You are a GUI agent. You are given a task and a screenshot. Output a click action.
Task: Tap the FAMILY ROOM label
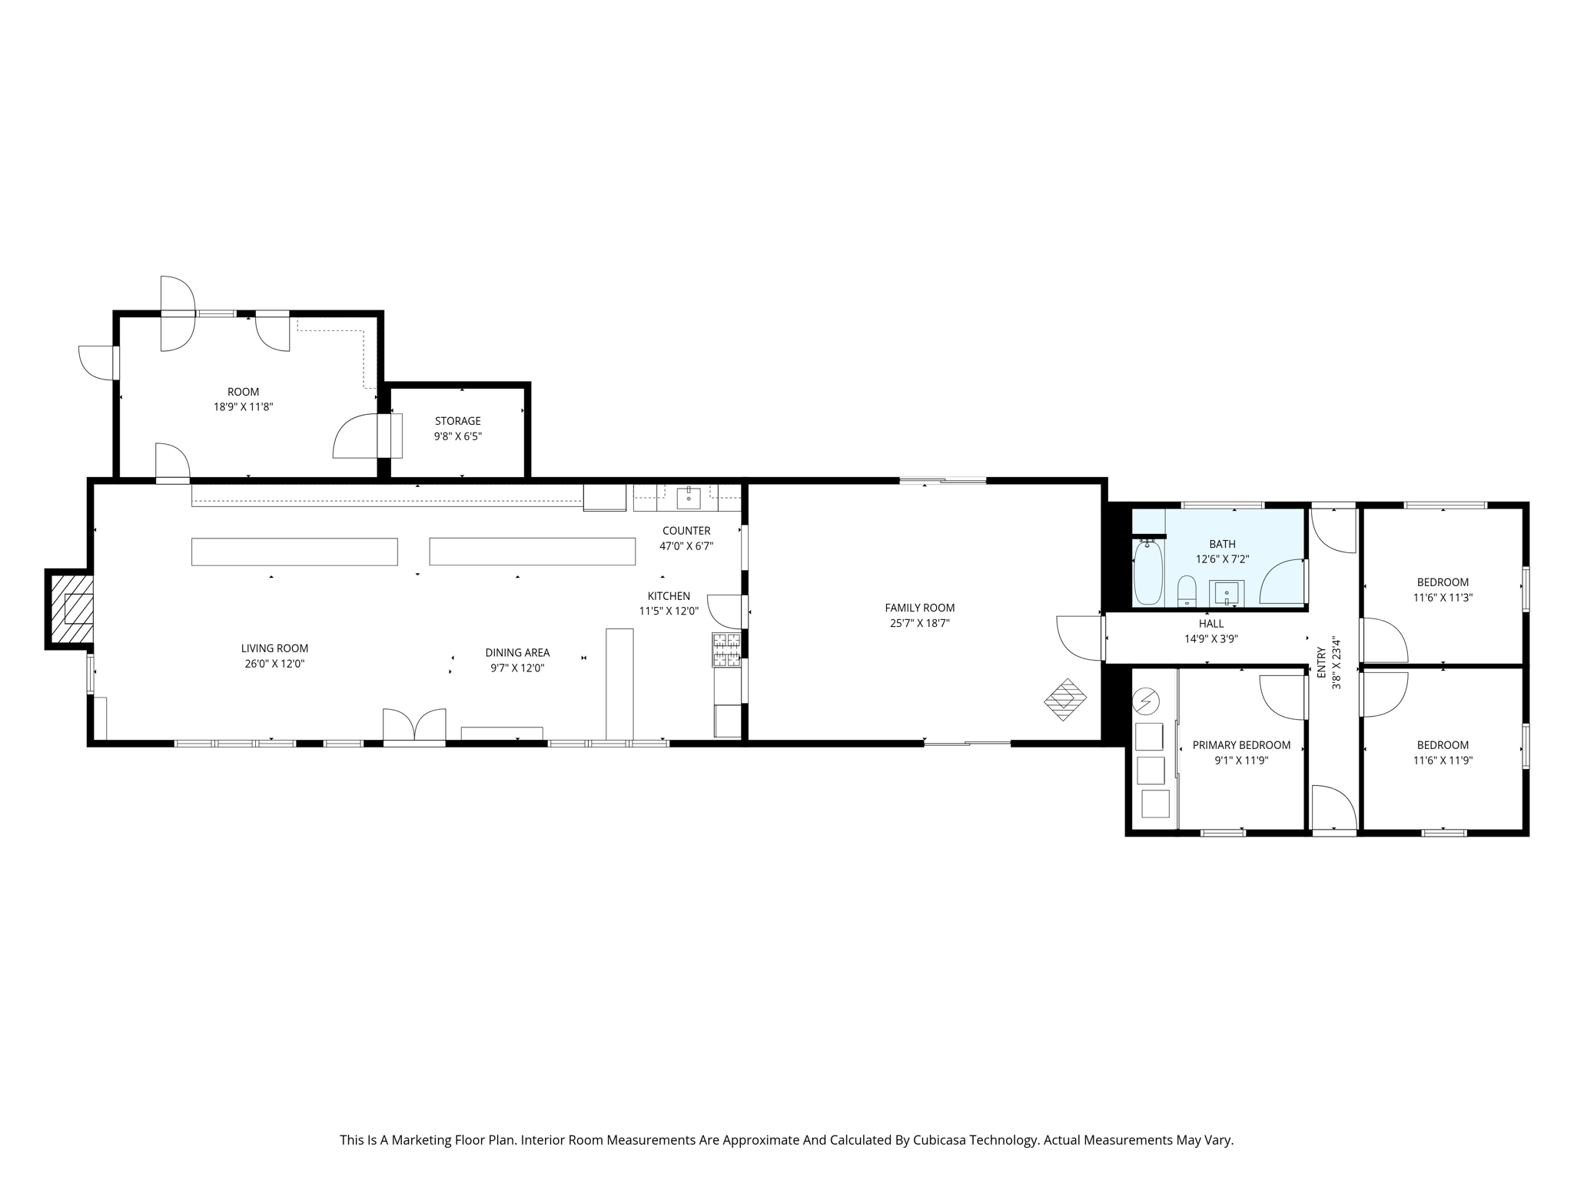click(919, 608)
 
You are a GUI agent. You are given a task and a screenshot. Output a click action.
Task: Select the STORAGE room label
click(457, 421)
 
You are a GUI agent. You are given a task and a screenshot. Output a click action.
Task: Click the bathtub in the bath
click(1147, 572)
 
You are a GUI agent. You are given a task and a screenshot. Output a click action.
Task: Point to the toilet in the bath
click(1187, 590)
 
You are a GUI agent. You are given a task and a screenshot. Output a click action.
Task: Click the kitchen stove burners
click(726, 649)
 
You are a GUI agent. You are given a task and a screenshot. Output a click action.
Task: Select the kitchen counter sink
click(688, 498)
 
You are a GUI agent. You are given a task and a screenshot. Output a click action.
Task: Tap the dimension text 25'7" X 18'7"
click(919, 624)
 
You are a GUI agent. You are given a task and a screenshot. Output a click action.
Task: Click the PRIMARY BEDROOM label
click(1241, 745)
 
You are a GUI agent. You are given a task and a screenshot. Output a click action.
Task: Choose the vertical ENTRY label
click(1321, 662)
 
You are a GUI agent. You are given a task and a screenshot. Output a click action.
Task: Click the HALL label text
click(1210, 624)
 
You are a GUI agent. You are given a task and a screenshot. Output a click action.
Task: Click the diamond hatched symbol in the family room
click(1065, 699)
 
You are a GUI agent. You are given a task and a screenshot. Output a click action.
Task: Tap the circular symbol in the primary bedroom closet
click(1147, 701)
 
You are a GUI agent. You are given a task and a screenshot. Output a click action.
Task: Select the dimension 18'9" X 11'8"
click(243, 407)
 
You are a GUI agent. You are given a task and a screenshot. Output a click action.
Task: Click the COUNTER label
click(686, 531)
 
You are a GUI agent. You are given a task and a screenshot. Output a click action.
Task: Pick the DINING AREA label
click(517, 653)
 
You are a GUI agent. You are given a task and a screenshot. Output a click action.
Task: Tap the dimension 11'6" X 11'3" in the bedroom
click(1443, 598)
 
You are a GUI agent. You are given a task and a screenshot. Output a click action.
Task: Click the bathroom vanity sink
click(1226, 593)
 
